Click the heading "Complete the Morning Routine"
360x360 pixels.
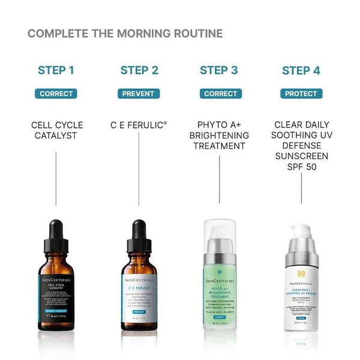point(125,33)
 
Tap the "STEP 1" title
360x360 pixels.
point(56,70)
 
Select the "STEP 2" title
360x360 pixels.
point(139,70)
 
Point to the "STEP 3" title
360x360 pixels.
point(219,70)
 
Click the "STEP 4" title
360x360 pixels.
point(301,70)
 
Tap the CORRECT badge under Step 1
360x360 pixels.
point(56,94)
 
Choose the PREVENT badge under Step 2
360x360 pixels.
point(139,94)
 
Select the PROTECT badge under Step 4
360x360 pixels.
point(301,94)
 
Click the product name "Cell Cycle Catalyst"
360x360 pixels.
point(57,130)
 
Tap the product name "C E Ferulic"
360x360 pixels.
point(139,125)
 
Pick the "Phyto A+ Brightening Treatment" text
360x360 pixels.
point(220,135)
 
